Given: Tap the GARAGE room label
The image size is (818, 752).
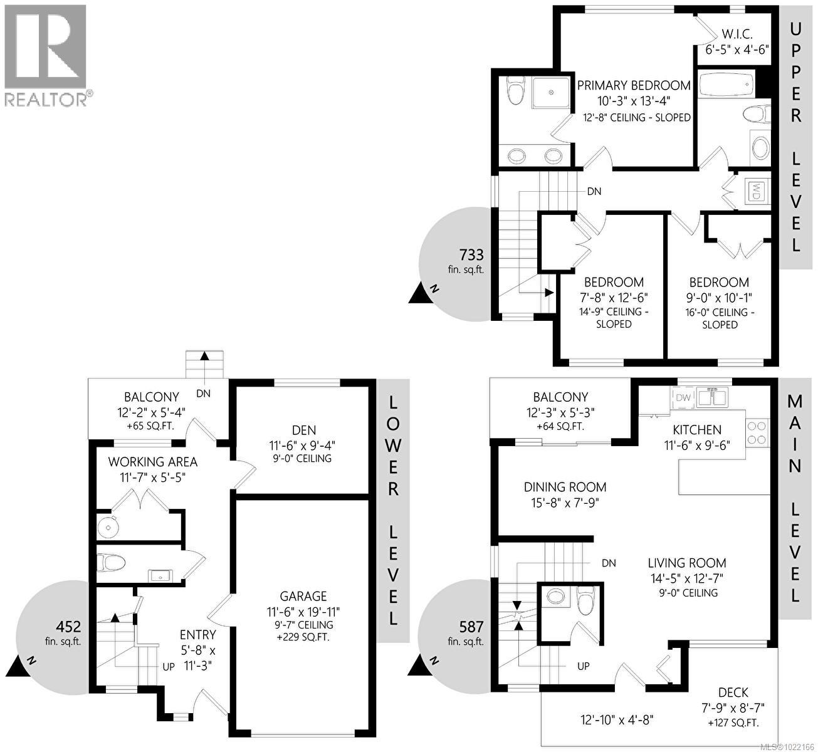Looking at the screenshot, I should [303, 597].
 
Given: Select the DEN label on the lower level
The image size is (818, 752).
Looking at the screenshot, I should [303, 431].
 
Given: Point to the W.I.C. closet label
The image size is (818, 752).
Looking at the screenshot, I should [737, 34].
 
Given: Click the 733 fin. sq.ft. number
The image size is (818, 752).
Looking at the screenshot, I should [471, 254].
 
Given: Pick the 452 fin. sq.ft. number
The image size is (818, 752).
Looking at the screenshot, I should [68, 626].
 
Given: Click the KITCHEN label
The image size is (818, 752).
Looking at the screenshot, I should [697, 430].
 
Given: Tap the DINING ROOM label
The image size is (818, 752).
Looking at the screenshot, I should [565, 487].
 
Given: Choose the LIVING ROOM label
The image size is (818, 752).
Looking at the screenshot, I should [687, 563].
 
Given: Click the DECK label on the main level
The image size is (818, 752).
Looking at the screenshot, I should [733, 692].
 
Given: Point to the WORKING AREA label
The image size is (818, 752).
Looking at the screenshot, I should [153, 462].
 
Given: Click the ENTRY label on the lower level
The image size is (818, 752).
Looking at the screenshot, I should [198, 635].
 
